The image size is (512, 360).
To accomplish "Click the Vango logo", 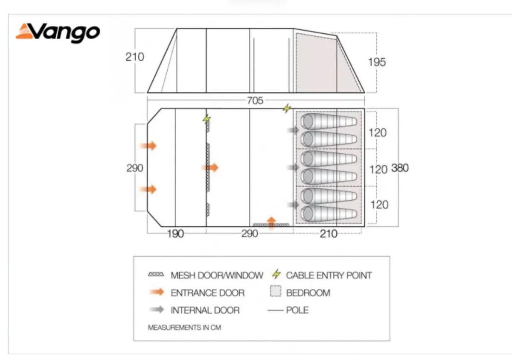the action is coord(58,33).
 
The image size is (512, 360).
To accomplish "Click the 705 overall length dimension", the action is coord(255,101).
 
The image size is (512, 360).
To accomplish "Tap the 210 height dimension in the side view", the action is coord(135,57).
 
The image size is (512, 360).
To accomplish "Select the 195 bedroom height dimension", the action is coord(377,62).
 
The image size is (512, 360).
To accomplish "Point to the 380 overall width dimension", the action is coord(400,168).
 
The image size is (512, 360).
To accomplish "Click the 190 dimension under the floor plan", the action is coord(175,234).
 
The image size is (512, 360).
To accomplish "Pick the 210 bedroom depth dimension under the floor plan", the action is coord(329,234).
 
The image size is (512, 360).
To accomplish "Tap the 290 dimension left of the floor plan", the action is coord(135,168).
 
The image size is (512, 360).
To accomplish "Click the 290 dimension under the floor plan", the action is coord(250,234).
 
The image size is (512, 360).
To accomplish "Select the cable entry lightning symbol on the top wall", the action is coord(287,108).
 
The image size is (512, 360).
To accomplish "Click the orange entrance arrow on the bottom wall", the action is coord(271,223).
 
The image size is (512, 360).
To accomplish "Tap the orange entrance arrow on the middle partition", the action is coord(210,168).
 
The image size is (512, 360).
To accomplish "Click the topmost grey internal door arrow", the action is coord(293,130).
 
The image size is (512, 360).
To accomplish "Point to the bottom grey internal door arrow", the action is coord(293,205).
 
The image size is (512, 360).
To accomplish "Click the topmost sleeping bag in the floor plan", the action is coord(329,121).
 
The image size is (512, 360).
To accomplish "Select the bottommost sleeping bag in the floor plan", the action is coord(329,214).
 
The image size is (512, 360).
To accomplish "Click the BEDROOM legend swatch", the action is coord(276,291).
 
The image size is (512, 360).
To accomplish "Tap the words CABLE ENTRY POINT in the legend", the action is coord(329,275).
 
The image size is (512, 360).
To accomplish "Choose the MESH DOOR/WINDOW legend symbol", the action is coord(156,274).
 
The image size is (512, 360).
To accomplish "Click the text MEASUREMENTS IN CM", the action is coord(184,328).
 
